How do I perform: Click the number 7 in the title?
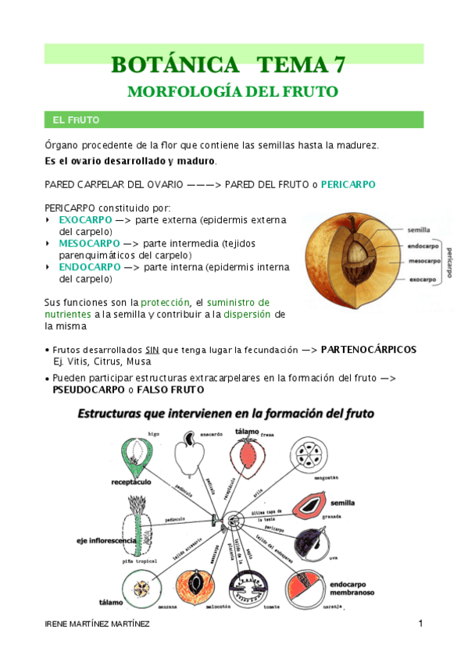[338, 64]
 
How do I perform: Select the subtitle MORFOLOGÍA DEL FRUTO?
[233, 91]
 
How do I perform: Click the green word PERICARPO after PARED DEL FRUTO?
[348, 185]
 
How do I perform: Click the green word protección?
[166, 302]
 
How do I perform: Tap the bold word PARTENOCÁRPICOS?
[369, 349]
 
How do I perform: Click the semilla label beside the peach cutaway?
[419, 230]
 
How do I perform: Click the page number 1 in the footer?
[420, 624]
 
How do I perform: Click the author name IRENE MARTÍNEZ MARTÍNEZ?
[97, 625]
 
